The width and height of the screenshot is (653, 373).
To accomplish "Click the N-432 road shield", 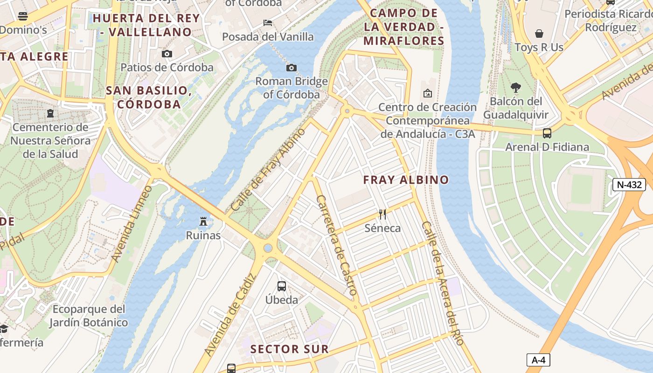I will click(629, 185).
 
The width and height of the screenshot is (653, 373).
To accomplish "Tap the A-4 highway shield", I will click(538, 360).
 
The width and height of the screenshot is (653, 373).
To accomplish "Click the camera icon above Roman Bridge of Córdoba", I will click(292, 68).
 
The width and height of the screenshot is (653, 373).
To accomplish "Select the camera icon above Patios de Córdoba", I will click(167, 54).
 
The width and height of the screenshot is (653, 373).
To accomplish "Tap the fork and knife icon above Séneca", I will click(382, 214).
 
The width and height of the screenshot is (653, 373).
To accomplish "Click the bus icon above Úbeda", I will click(282, 286).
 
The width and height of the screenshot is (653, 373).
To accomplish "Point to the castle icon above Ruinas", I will click(203, 221).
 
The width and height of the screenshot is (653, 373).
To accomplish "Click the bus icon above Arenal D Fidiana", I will click(547, 133).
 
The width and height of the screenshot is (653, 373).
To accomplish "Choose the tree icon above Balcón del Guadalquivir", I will click(515, 87).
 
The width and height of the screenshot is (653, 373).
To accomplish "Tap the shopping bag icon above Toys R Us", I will click(539, 34).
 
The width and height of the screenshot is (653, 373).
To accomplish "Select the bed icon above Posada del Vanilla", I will click(268, 22).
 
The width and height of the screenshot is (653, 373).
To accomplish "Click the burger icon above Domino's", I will click(23, 17).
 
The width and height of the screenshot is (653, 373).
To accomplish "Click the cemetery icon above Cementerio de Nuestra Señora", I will click(50, 113).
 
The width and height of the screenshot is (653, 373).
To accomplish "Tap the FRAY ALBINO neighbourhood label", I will click(406, 180).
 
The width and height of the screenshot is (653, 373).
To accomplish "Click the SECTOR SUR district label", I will click(289, 349).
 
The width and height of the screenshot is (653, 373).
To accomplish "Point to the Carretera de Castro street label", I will click(336, 245).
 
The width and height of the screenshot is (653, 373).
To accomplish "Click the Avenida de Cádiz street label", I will click(230, 315).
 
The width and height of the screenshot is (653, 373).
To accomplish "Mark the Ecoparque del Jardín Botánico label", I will click(89, 316).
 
